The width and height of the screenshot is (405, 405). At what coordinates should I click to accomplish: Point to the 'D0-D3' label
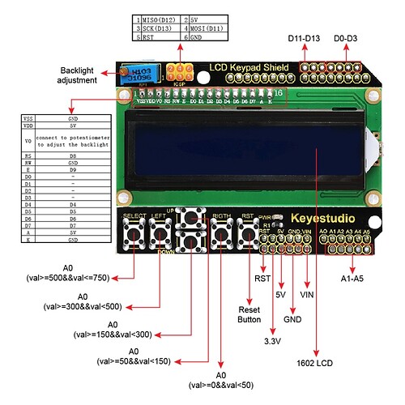(x=350, y=38)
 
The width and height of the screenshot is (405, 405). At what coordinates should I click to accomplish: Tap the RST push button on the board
(x=245, y=235)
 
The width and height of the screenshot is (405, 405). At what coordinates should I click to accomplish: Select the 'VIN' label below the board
(x=309, y=296)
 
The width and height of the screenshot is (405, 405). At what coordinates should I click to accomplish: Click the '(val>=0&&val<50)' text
(x=219, y=385)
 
